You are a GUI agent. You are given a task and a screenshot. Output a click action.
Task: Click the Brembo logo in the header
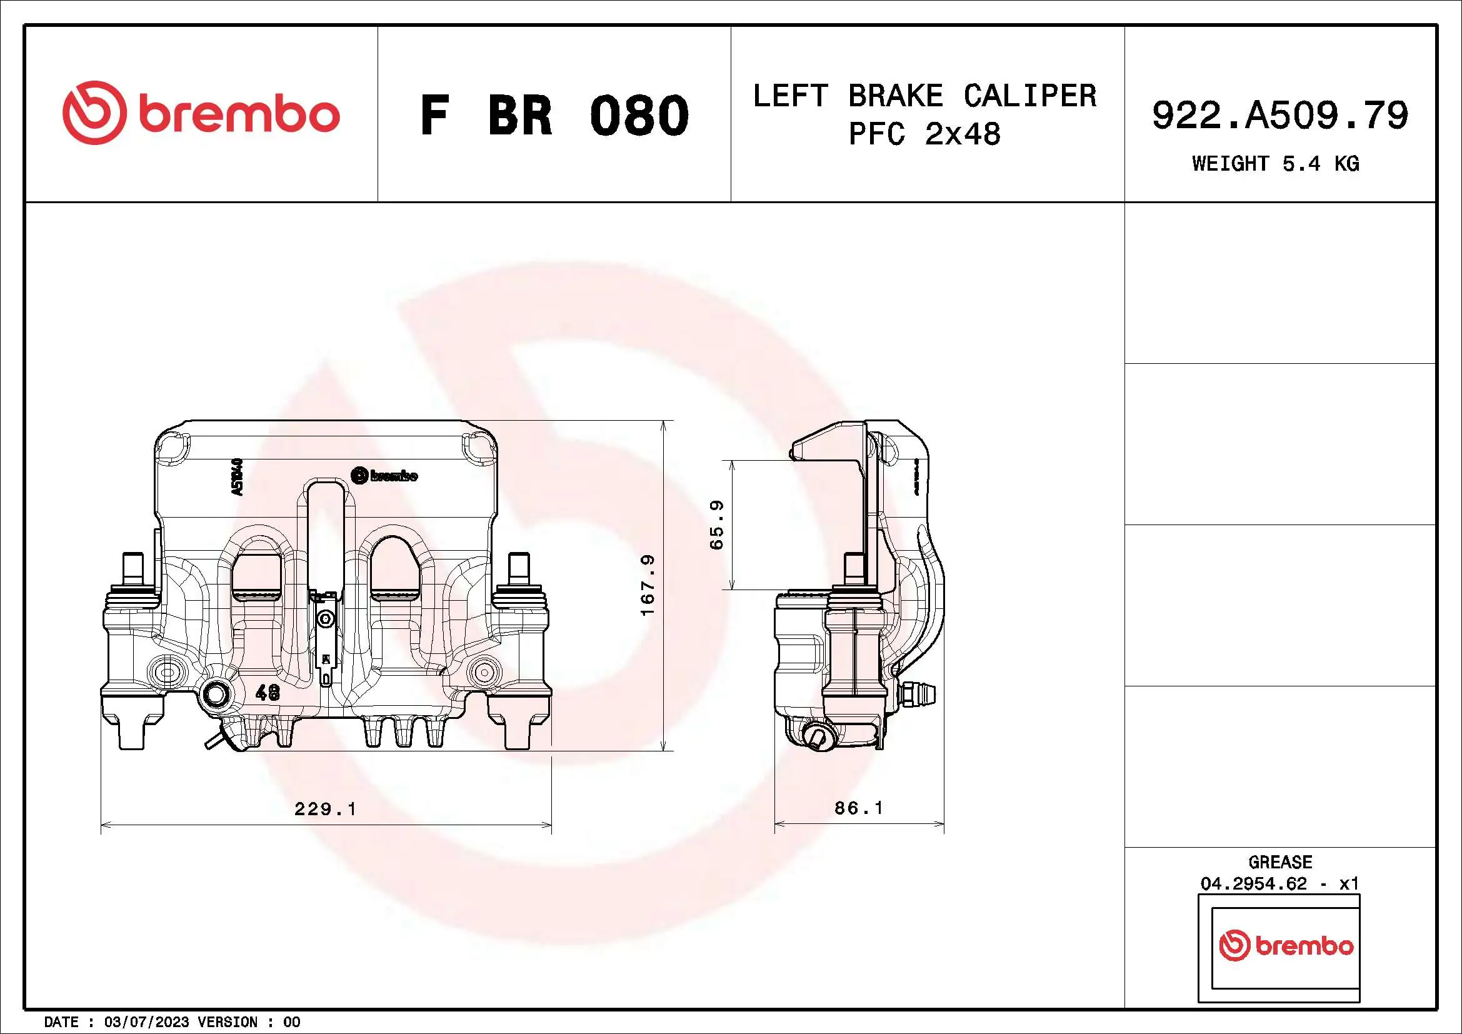point(201,113)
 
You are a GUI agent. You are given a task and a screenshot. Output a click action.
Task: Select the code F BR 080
point(554,116)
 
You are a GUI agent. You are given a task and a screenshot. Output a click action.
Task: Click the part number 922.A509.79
point(1280,116)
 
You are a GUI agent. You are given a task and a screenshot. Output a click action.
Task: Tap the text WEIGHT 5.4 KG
point(1276,164)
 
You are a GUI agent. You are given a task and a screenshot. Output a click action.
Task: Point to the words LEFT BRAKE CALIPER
point(924,96)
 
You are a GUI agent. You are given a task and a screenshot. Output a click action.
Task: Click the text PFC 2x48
point(924,134)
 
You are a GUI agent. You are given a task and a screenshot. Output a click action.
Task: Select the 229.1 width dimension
point(325,809)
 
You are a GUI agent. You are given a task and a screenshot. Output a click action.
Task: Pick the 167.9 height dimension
point(648,585)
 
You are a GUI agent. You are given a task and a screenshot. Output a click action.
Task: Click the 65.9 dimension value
point(716,525)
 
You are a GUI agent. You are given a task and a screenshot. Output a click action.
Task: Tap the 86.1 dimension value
point(858,808)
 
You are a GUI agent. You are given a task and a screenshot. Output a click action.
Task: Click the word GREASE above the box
point(1280,862)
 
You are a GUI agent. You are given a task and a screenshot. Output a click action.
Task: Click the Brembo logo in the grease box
point(1286,945)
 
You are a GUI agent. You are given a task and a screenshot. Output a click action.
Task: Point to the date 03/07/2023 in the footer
point(146,1022)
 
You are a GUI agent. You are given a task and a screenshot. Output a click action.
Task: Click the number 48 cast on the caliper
point(268,693)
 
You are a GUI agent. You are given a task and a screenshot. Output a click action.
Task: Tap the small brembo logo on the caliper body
point(384,476)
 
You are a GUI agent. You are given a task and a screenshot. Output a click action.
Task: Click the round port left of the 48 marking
point(216,694)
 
